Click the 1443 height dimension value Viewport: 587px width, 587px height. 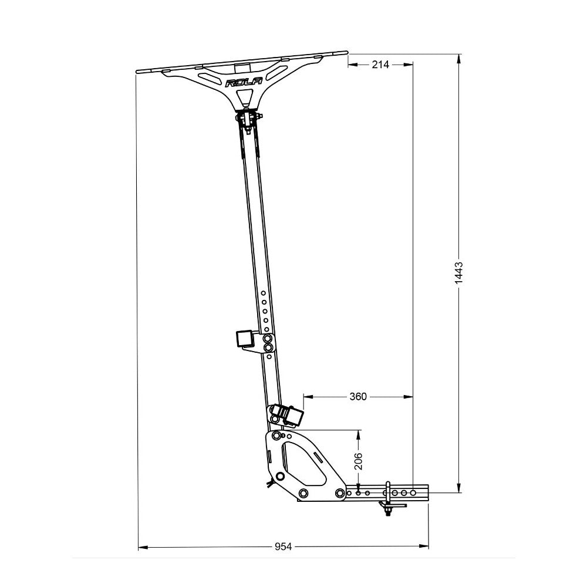coord(459,273)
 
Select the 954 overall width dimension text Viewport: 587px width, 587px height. coord(283,546)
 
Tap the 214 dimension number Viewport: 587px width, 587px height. coord(380,65)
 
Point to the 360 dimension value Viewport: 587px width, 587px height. coord(357,397)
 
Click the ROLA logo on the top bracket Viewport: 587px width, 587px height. coord(244,83)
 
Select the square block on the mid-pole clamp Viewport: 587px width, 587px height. coord(244,339)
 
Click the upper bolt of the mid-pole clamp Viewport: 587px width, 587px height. coord(268,339)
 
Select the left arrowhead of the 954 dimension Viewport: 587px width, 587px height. coord(141,546)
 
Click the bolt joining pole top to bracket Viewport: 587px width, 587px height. coord(249,118)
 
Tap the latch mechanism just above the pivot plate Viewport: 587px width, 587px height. coord(288,415)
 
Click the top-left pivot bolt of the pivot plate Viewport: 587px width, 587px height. coord(276,436)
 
